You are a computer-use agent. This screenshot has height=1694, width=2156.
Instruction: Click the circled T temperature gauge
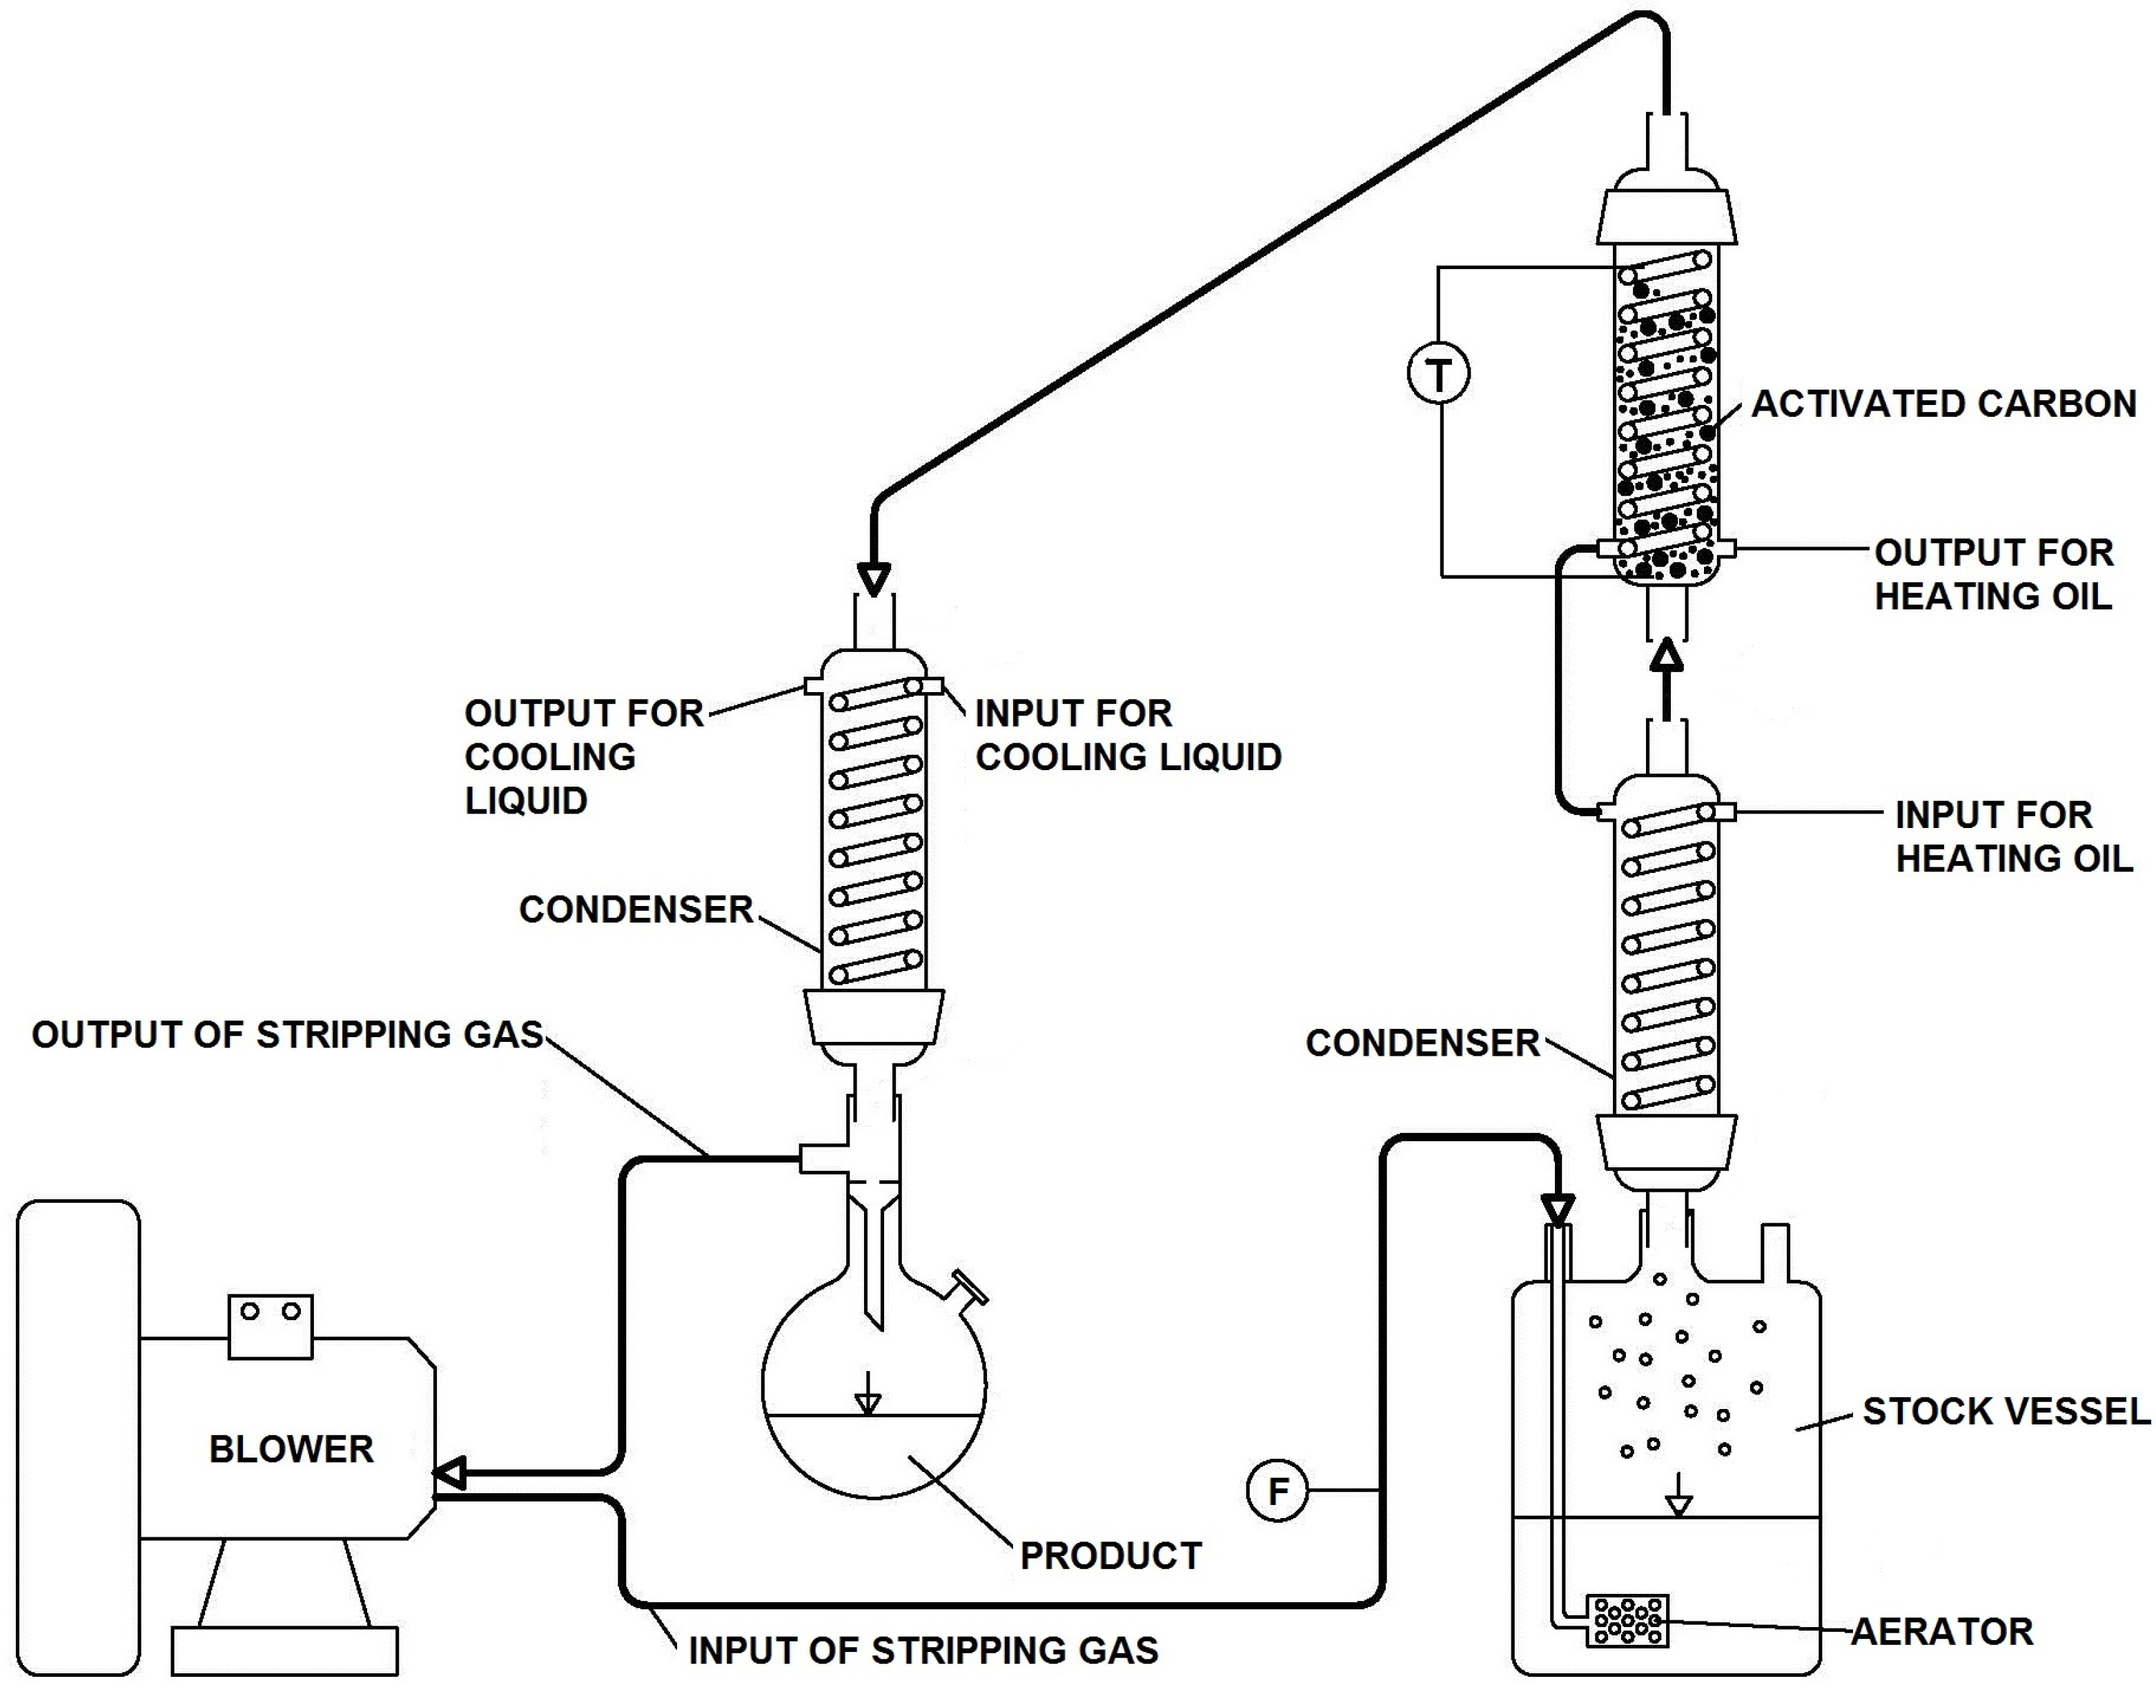point(1438,374)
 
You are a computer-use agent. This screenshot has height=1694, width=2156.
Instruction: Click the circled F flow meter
point(1277,1490)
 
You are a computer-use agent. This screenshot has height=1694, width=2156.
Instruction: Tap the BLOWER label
point(291,1449)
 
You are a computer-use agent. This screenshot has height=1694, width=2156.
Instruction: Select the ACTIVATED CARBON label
point(1943,404)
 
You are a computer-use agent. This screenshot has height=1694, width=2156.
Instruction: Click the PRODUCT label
point(1110,1555)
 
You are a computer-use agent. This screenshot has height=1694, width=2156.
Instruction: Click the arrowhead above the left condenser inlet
point(874,578)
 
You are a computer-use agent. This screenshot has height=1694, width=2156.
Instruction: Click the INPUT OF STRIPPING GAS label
point(922,1651)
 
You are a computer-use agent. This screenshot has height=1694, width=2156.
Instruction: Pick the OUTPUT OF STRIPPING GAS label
point(288,1034)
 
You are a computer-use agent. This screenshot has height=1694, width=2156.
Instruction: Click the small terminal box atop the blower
point(270,1326)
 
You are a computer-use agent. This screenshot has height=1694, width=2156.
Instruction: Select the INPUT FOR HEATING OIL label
point(2012,836)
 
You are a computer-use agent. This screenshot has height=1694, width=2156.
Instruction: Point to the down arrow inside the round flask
point(868,1393)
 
